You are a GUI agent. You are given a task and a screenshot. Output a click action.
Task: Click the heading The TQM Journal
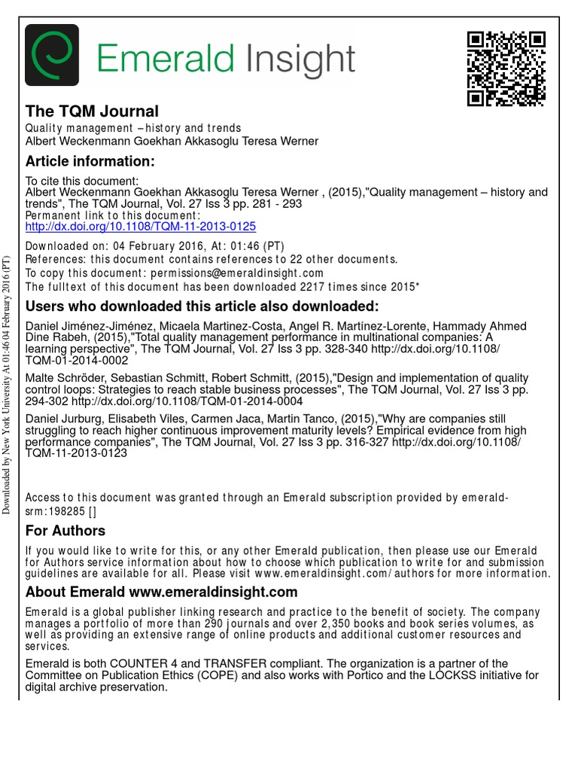[92, 112]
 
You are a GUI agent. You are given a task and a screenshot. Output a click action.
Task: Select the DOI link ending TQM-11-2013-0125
[141, 226]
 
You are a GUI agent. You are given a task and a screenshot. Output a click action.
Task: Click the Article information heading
[90, 161]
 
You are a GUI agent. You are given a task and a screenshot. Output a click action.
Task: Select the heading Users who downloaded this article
[202, 306]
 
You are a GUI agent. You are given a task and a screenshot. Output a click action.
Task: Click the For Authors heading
[65, 530]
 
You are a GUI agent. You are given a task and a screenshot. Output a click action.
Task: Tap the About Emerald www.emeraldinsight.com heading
[161, 592]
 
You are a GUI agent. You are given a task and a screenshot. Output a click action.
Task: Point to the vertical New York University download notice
[7, 385]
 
